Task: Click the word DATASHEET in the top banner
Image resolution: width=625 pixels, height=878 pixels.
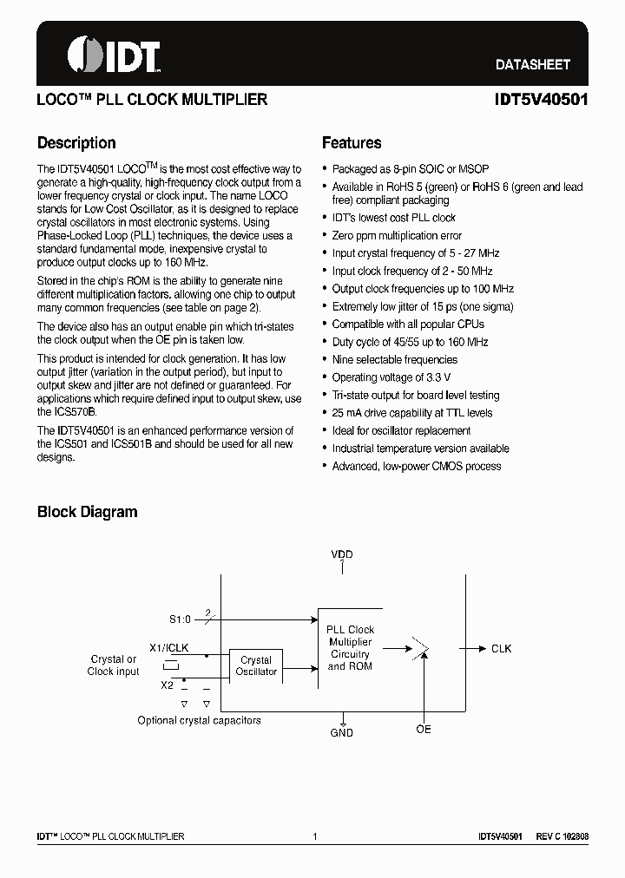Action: (x=532, y=64)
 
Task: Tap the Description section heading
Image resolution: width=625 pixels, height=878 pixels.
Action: (x=76, y=143)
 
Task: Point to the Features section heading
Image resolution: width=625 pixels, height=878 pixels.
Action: (x=352, y=143)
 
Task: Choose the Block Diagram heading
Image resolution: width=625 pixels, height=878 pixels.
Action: (x=87, y=512)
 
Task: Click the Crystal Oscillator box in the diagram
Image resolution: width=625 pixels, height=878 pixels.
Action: (x=256, y=665)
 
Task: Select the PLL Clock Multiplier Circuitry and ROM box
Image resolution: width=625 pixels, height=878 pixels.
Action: (x=350, y=648)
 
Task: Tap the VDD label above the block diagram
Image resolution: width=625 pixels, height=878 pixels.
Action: (x=342, y=554)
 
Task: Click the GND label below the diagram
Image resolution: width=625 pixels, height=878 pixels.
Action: (x=342, y=733)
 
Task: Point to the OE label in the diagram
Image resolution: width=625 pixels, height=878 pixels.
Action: (x=423, y=730)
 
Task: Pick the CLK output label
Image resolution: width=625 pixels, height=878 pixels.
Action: (x=502, y=648)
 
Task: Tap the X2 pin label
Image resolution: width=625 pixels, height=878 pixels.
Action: (x=167, y=685)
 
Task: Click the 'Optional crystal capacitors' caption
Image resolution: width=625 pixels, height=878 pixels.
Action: (x=199, y=720)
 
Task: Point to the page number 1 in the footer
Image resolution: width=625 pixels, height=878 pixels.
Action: (x=314, y=836)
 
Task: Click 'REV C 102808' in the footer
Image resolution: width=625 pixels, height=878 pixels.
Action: (x=562, y=836)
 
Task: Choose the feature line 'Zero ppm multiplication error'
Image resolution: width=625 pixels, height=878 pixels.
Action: (x=397, y=235)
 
